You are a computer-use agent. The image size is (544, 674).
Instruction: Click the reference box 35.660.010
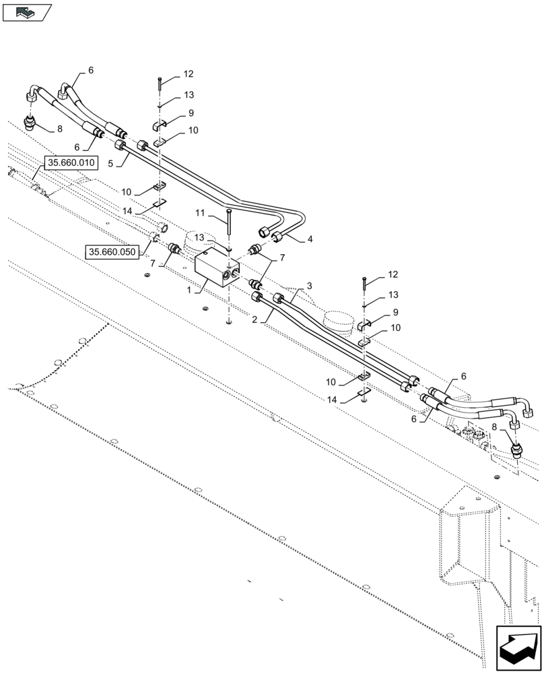[x=71, y=163]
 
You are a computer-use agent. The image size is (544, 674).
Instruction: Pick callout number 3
[x=309, y=286]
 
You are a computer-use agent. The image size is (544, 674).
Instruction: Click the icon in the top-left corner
[x=27, y=11]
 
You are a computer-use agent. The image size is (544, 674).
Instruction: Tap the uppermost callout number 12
[x=188, y=74]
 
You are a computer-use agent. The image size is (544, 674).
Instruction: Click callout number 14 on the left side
[x=128, y=211]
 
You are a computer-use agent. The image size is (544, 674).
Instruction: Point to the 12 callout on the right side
[x=393, y=275]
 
